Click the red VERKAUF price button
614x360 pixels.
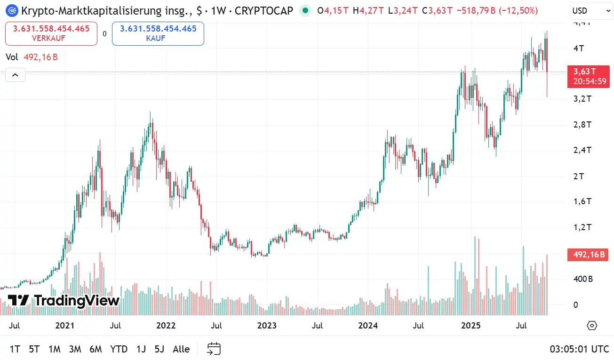click(51, 33)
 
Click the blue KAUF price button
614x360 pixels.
click(158, 33)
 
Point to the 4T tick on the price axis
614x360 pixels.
click(578, 48)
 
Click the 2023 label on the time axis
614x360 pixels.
click(267, 325)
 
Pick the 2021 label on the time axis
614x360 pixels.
click(65, 325)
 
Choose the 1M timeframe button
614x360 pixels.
click(54, 349)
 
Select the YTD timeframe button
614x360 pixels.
click(119, 349)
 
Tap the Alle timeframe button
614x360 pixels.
click(181, 349)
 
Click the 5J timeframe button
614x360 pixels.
click(159, 349)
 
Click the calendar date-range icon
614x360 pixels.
click(214, 349)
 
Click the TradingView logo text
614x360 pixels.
click(64, 301)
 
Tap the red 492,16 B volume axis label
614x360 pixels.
click(589, 255)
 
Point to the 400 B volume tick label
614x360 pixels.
click(582, 279)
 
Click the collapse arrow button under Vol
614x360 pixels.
click(15, 75)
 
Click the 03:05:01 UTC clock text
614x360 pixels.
click(579, 349)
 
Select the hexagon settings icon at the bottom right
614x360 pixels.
click(592, 326)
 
